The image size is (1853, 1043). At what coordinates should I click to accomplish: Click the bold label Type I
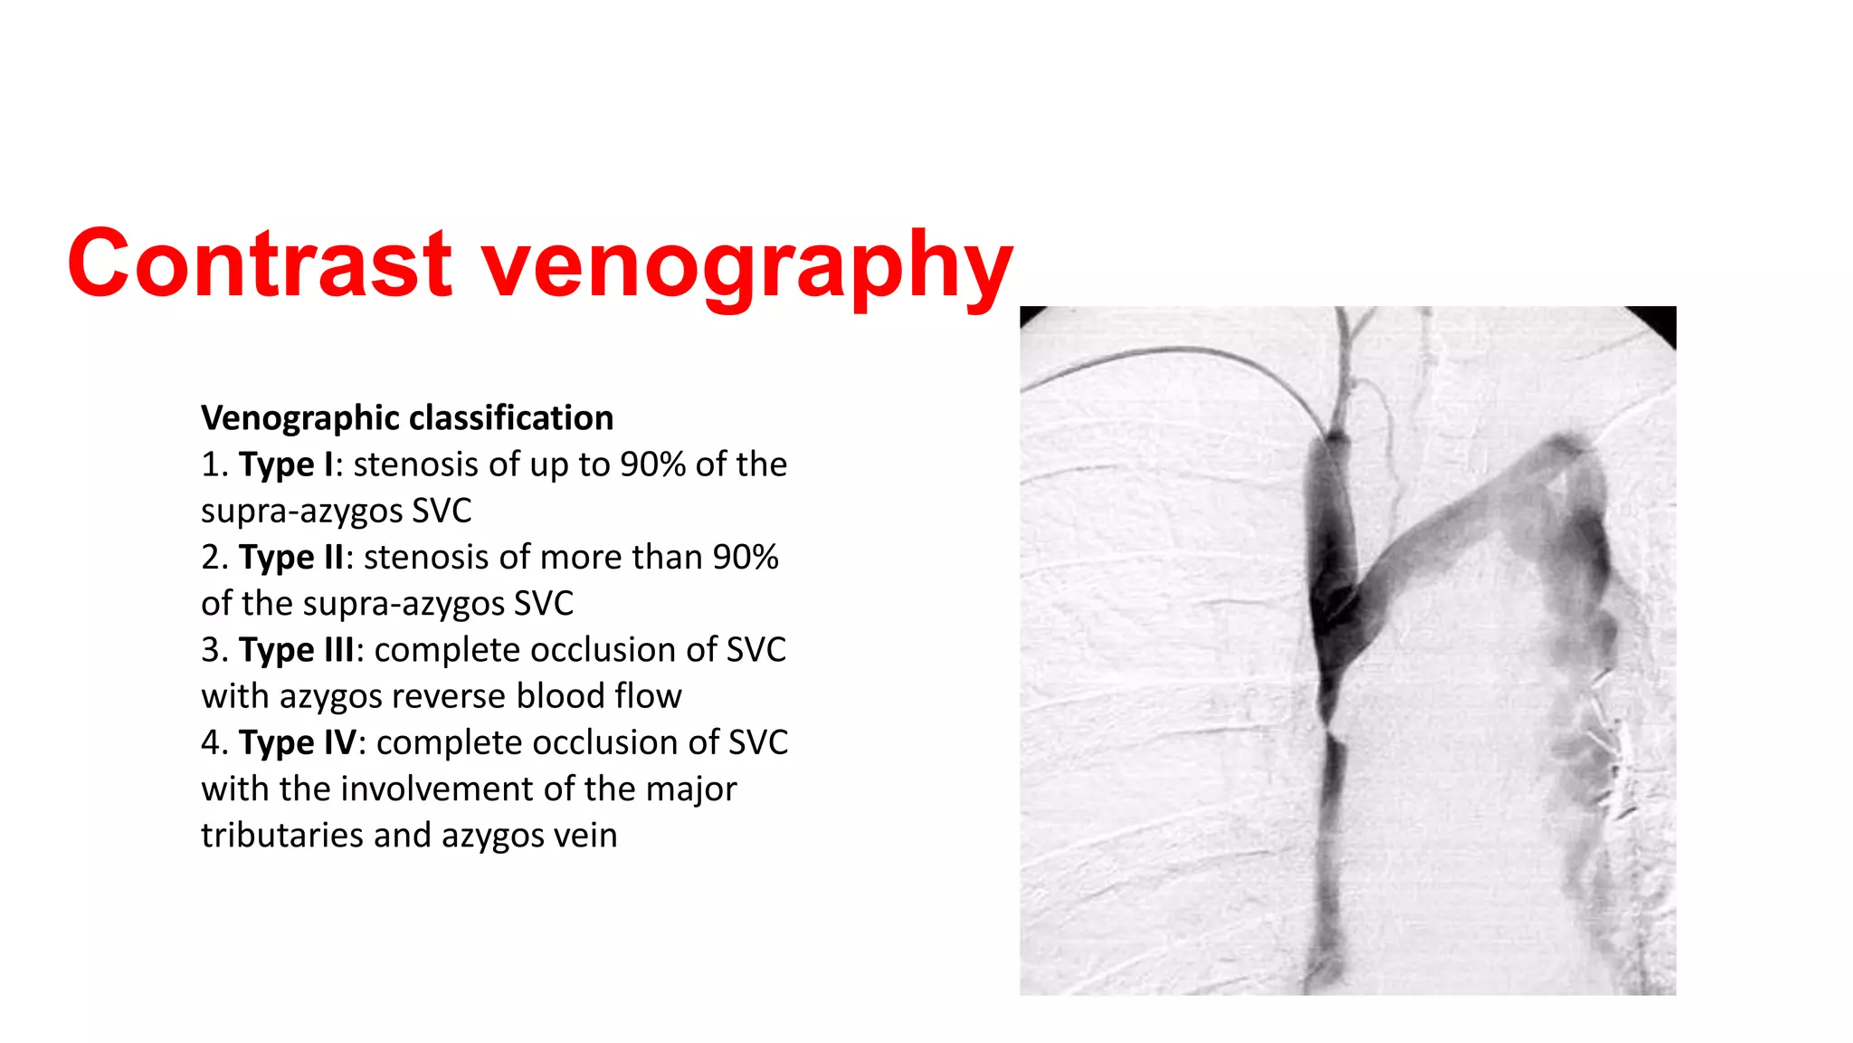285,464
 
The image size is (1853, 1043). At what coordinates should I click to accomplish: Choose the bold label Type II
290,558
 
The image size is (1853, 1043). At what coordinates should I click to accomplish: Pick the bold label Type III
296,650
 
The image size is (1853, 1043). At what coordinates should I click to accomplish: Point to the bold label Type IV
297,743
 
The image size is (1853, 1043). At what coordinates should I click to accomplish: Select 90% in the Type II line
746,558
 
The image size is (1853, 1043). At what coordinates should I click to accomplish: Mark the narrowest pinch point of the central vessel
1327,725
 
